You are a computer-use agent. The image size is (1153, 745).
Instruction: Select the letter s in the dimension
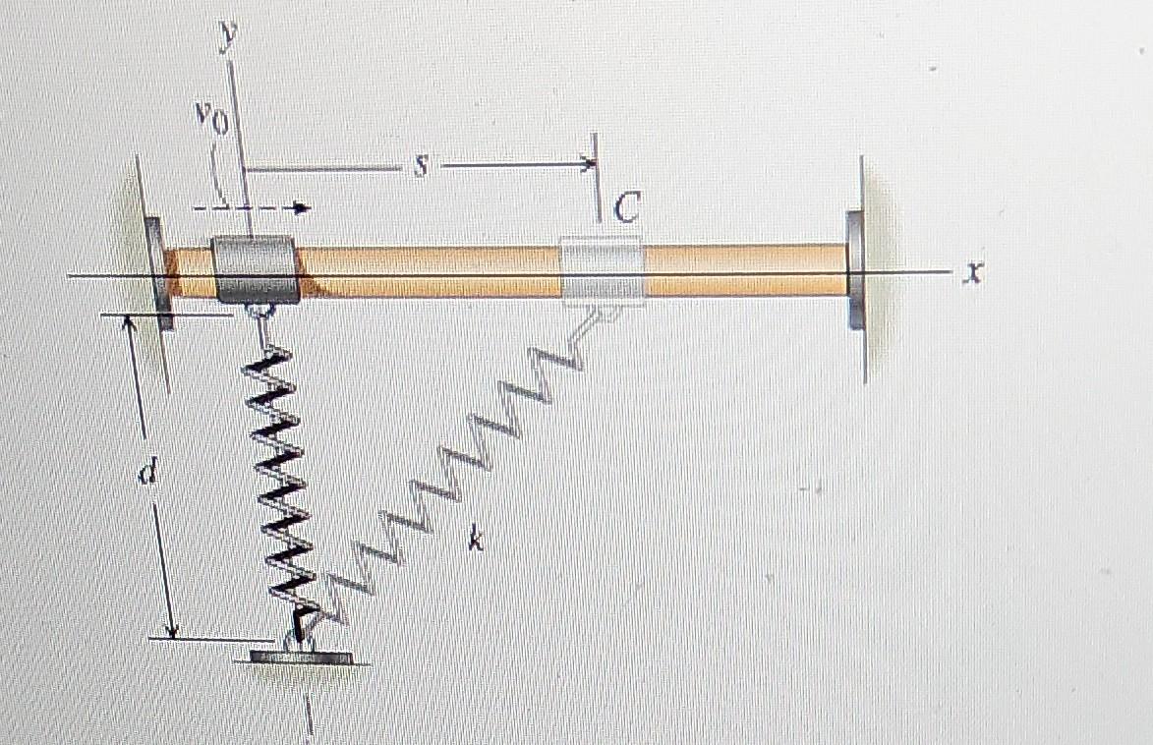421,167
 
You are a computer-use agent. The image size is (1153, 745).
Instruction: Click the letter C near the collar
626,208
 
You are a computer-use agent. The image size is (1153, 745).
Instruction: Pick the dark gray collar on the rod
255,269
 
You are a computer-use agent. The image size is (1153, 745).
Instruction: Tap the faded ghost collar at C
602,271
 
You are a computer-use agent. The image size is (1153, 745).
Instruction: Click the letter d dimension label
146,474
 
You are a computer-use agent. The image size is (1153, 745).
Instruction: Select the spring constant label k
475,538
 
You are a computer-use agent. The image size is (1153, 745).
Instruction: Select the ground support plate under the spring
301,657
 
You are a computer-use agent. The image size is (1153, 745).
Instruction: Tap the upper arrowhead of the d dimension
131,325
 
